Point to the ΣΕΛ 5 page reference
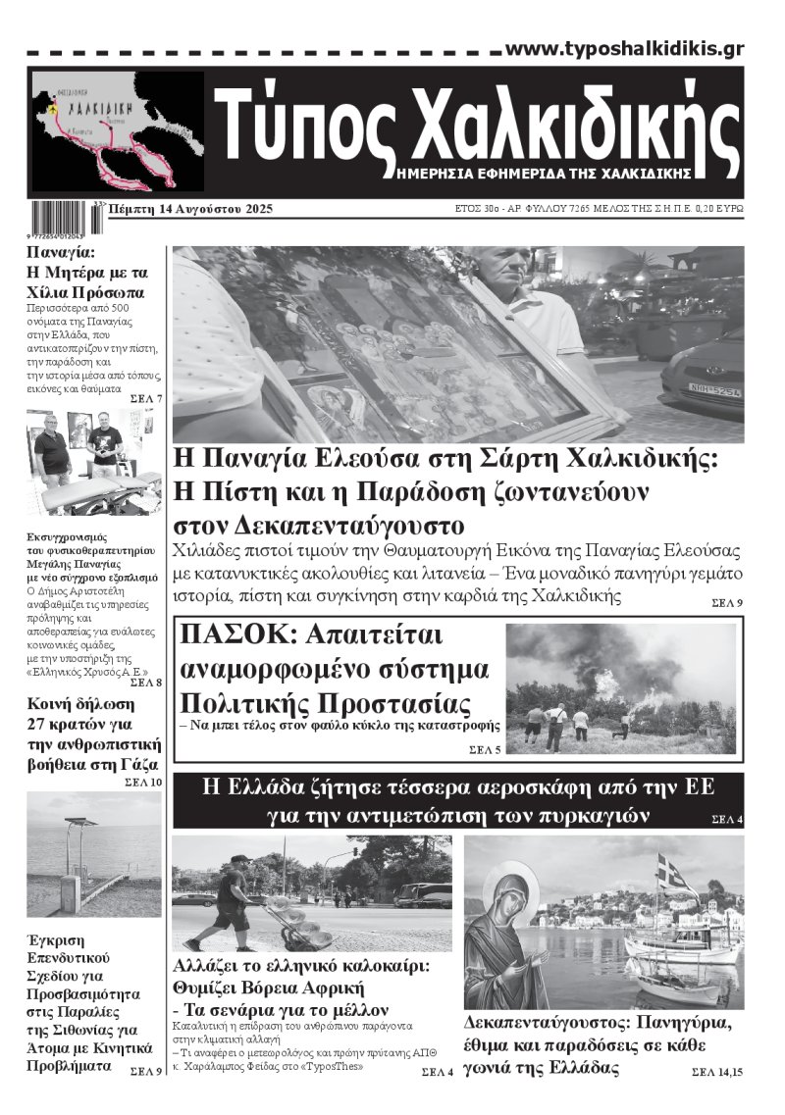tap(484, 750)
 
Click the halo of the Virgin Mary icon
tap(510, 887)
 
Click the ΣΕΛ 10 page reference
tap(143, 783)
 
